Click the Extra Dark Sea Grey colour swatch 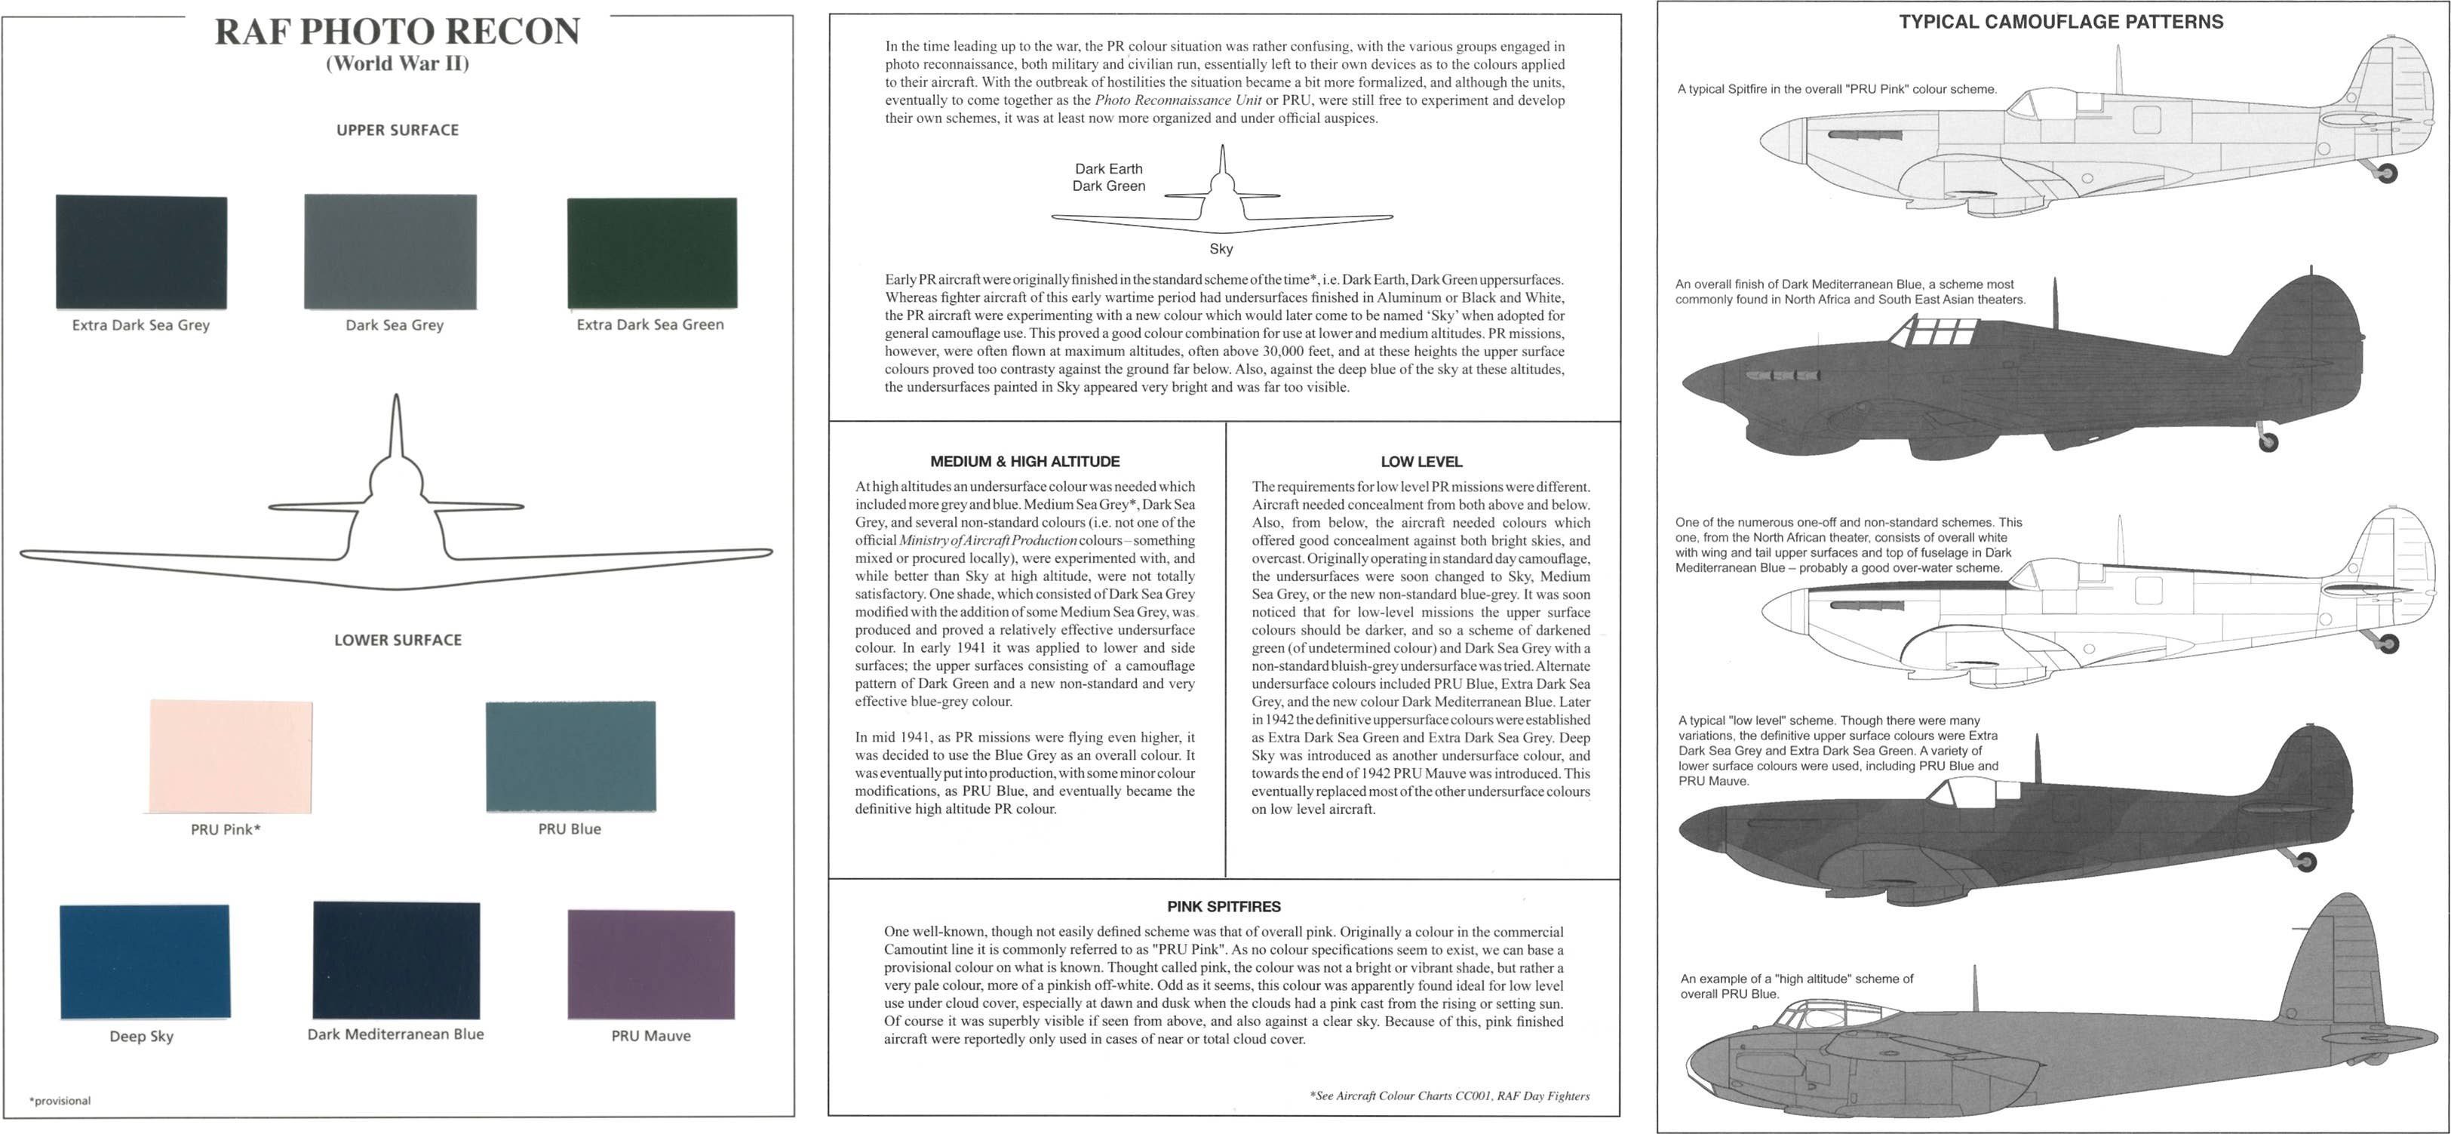point(141,252)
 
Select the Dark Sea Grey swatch point(390,252)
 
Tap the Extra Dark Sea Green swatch point(652,253)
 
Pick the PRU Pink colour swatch point(231,756)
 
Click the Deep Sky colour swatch point(145,961)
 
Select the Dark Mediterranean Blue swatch point(396,960)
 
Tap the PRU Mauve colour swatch point(651,963)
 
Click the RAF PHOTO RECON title point(397,32)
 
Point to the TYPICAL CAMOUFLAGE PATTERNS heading point(2061,22)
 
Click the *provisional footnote point(60,1101)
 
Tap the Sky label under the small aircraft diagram point(1221,248)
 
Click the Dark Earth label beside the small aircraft point(1108,168)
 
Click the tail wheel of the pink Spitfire point(2386,173)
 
